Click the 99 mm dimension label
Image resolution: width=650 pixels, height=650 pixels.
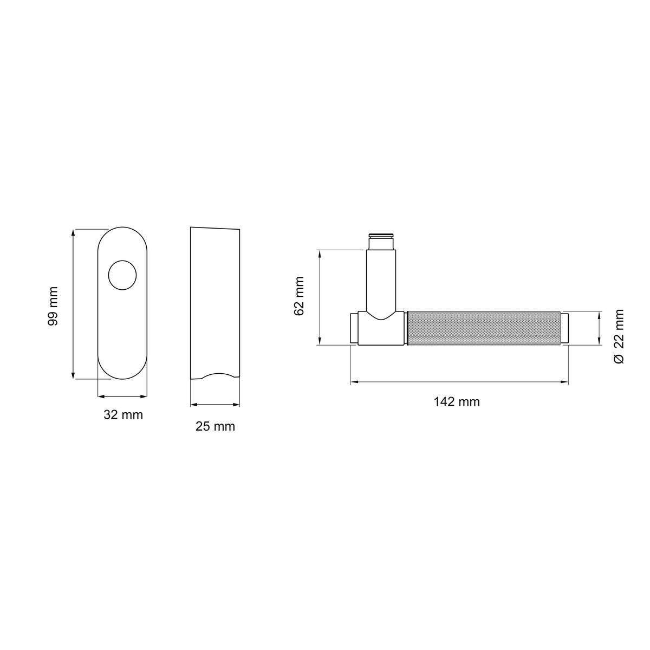[53, 306]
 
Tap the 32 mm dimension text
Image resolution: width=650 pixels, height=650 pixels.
[123, 415]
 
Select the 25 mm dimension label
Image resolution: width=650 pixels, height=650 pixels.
[215, 427]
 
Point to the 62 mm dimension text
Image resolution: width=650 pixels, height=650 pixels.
[299, 296]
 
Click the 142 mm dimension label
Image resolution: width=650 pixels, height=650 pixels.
[457, 402]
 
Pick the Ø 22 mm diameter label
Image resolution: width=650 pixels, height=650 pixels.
[619, 336]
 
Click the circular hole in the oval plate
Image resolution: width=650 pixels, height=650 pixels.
[122, 275]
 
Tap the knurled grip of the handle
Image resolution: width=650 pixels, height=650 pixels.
[484, 328]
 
